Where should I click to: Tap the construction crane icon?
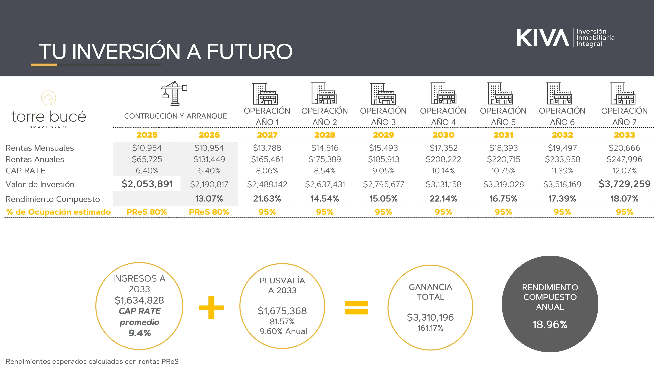click(174, 93)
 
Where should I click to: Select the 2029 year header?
click(383, 135)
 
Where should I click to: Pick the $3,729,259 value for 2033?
click(625, 184)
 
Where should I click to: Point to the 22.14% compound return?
click(443, 199)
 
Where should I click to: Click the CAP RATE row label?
click(25, 171)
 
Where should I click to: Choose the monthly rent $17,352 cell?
click(443, 148)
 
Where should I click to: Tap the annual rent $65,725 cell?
click(147, 159)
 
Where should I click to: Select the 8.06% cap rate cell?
click(267, 171)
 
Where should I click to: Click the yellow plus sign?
click(211, 307)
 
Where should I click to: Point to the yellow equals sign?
click(356, 307)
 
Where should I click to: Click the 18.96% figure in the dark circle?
click(550, 324)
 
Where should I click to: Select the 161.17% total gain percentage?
click(430, 328)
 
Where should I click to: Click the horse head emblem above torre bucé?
click(49, 98)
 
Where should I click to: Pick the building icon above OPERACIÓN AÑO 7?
click(623, 93)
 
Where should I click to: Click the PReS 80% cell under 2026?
click(209, 212)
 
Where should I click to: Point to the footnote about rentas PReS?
click(92, 361)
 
